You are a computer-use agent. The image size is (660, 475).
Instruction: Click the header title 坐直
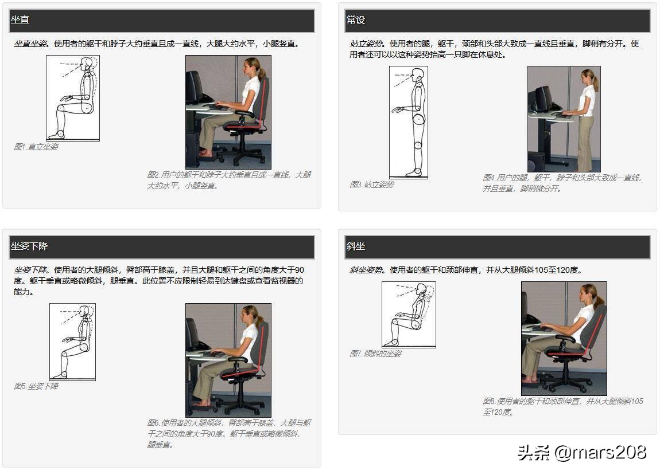click(20, 19)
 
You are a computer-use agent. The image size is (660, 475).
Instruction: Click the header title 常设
click(355, 19)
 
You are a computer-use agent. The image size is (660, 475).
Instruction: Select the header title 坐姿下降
click(29, 246)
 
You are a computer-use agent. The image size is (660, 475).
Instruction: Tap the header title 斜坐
click(355, 246)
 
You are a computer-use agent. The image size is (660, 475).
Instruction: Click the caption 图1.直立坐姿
click(36, 147)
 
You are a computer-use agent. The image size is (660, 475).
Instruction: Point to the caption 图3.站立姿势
click(372, 184)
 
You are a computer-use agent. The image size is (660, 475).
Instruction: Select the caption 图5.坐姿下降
click(36, 386)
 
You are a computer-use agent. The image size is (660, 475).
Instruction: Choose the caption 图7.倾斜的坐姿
click(375, 354)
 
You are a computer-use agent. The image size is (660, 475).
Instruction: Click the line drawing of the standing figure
click(408, 122)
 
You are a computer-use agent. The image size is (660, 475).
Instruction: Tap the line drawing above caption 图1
click(73, 98)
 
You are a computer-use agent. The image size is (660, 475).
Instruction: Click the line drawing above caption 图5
click(72, 341)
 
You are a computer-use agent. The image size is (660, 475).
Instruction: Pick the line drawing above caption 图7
click(409, 315)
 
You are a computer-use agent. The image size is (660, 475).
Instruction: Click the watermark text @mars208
click(600, 452)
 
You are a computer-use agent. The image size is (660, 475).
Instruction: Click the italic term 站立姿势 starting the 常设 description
click(366, 44)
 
